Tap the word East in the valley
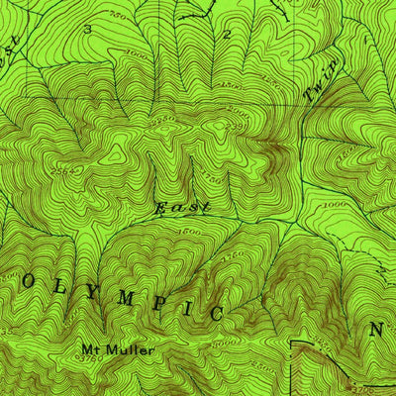point(182,208)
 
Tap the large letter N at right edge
point(377,330)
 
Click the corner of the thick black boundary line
point(294,343)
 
